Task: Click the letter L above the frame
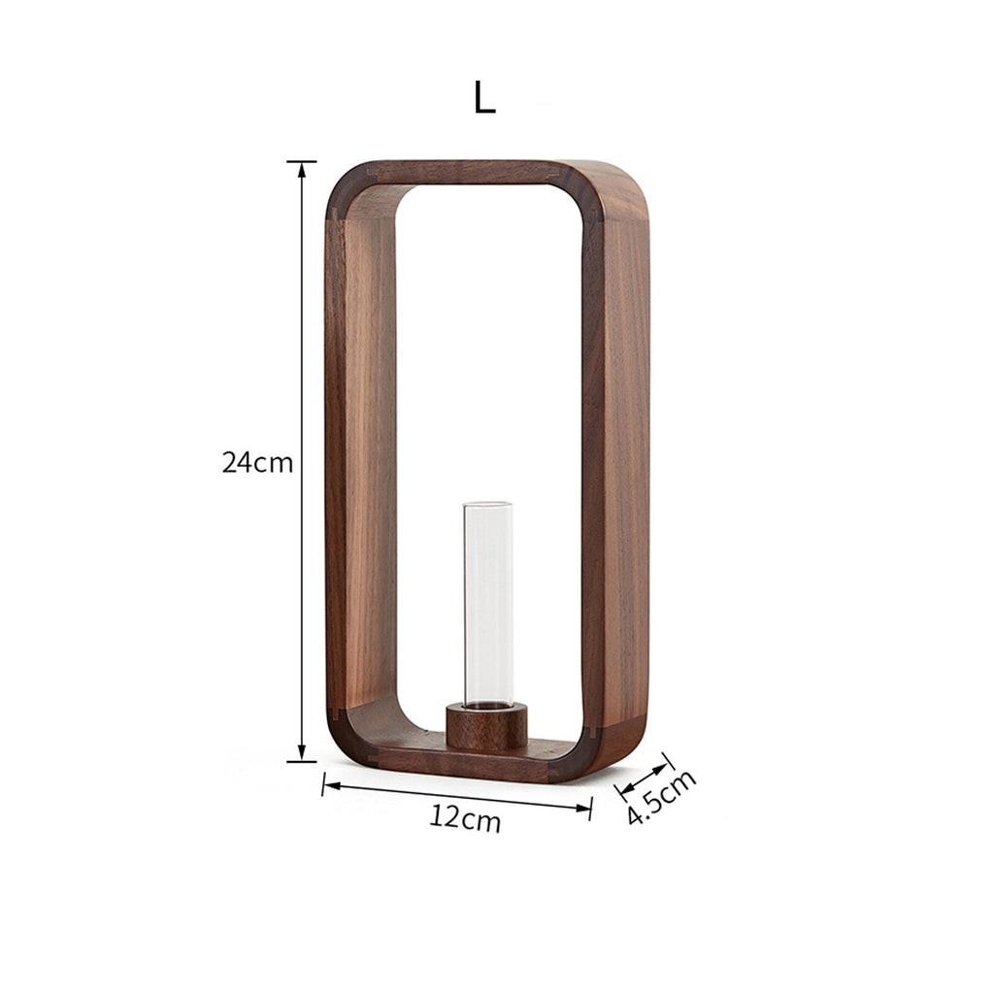[485, 98]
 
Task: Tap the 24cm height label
[257, 463]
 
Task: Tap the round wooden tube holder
[487, 726]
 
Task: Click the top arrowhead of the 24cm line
[302, 169]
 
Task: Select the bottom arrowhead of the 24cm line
[302, 753]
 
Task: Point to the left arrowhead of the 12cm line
[332, 785]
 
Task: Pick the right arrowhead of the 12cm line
[582, 808]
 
